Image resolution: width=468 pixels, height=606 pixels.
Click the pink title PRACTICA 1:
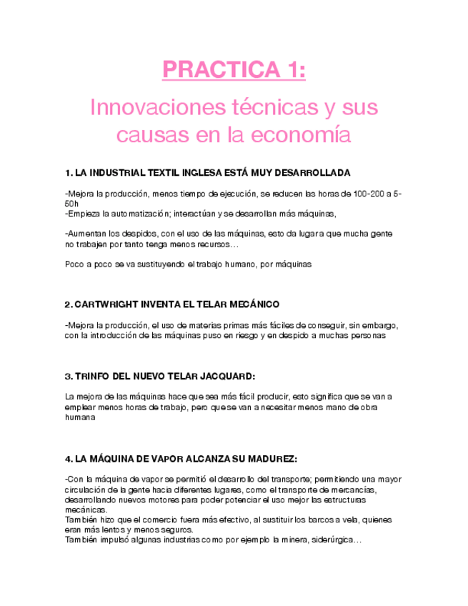(x=234, y=71)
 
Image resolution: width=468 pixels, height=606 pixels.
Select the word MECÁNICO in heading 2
(x=253, y=304)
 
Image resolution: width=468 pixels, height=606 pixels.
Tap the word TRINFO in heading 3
(x=91, y=376)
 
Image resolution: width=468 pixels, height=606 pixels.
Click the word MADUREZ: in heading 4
(x=269, y=458)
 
